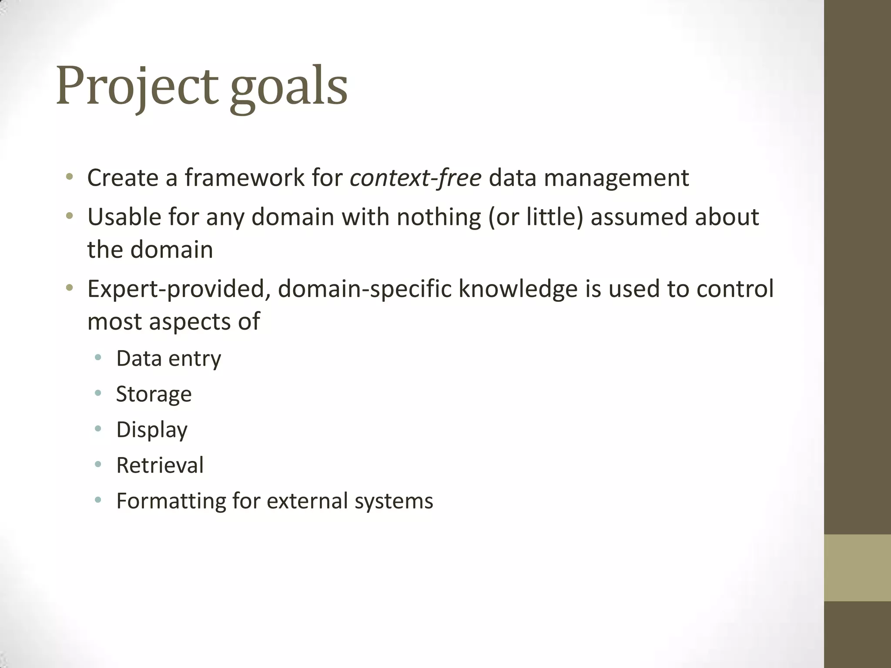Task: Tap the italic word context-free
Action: pos(415,178)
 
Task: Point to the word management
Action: pos(616,179)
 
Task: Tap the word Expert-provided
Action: pos(178,289)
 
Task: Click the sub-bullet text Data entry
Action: pos(168,359)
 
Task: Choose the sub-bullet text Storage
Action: pos(154,394)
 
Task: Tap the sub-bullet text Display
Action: pos(152,430)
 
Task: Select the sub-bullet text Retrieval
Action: pos(160,465)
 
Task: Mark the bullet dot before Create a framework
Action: pos(69,177)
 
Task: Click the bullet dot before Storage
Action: pos(98,393)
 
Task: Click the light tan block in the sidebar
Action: pos(857,568)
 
